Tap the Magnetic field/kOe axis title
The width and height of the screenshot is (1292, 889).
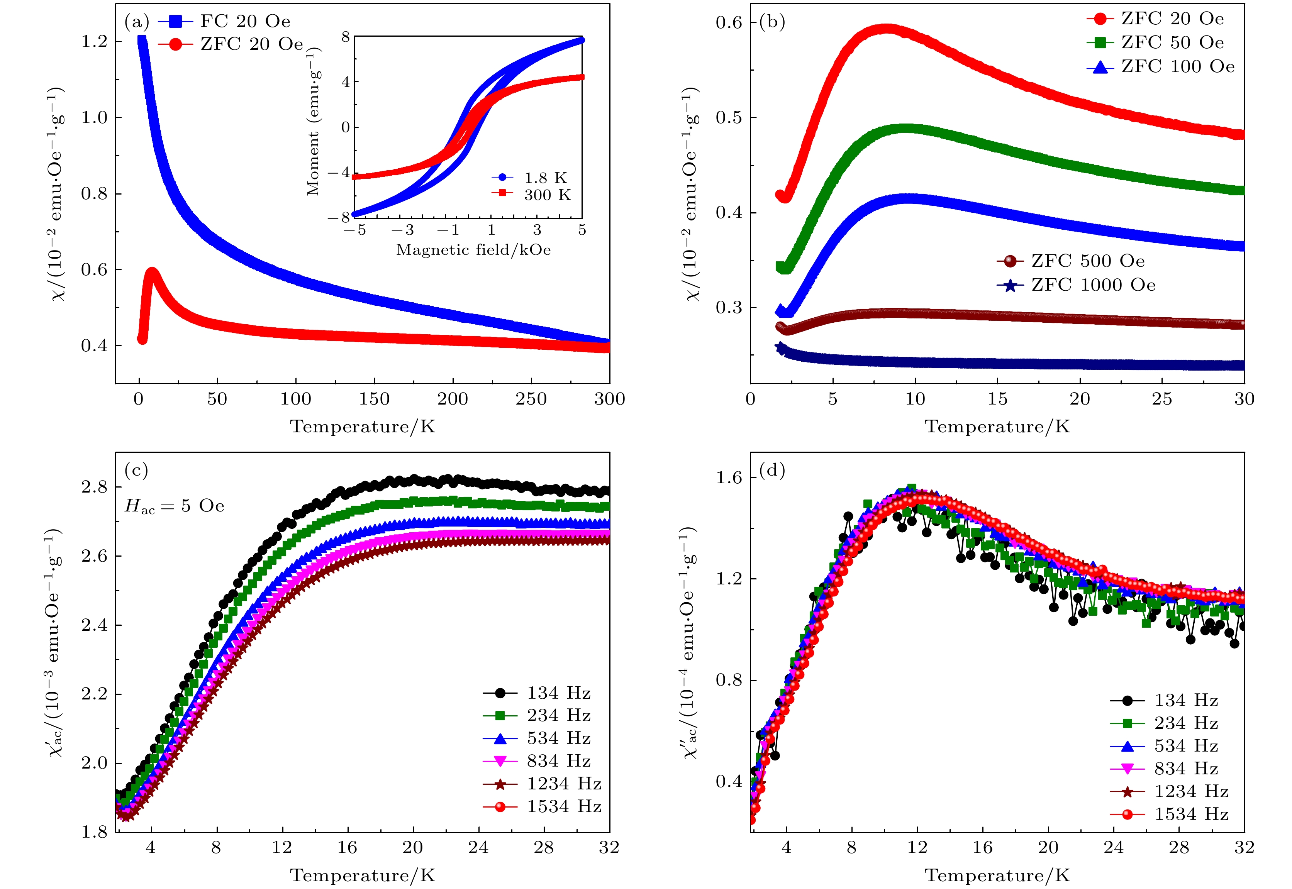pos(473,249)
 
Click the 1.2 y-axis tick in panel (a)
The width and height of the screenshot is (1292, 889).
pos(94,42)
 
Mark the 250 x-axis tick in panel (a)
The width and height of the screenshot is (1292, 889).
pos(531,399)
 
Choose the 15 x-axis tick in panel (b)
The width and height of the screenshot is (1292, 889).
pos(997,399)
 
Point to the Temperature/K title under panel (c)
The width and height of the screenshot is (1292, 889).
pos(362,875)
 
